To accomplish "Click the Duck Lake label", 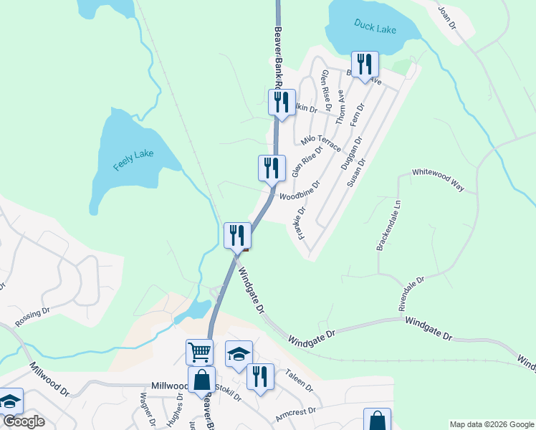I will [375, 25].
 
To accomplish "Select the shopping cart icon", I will [199, 352].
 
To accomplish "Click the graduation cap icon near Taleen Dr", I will [239, 353].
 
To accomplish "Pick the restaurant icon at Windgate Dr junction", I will [236, 235].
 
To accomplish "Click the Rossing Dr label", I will [32, 316].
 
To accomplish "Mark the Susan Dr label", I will [356, 173].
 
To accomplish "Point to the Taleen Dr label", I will [300, 379].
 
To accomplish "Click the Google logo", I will [23, 421].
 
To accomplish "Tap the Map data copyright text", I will [492, 424].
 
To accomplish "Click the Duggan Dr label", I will [352, 152].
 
